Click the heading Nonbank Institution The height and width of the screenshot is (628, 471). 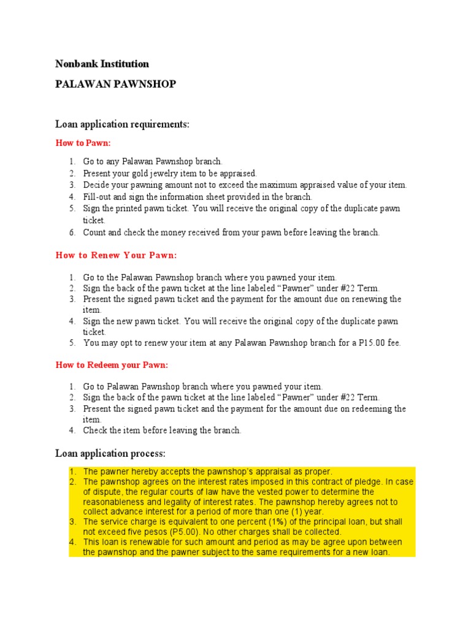102,64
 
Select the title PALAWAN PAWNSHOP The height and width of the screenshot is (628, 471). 115,84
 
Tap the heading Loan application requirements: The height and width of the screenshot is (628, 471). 123,124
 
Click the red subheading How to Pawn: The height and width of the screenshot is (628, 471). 83,143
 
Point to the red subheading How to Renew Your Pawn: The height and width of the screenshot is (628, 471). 116,255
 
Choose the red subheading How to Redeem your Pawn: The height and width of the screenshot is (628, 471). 112,365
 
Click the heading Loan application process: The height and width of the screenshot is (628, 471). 110,454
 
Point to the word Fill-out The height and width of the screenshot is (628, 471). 98,197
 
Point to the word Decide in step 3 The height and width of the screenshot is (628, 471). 97,185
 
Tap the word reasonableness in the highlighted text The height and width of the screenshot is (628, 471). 113,502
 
